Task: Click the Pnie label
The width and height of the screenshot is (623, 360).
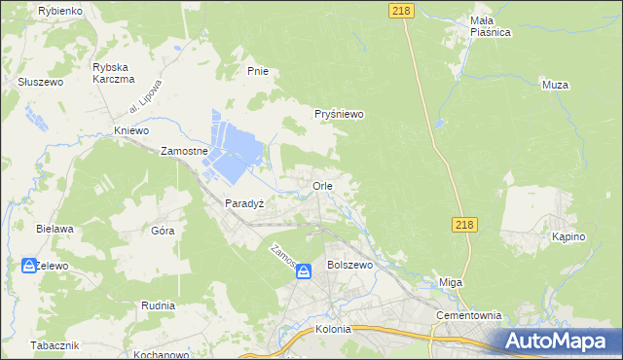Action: (x=257, y=71)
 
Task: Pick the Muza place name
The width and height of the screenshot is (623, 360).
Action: (x=555, y=85)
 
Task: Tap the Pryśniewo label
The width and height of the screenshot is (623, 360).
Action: (x=339, y=114)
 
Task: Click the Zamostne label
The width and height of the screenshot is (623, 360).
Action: (x=185, y=153)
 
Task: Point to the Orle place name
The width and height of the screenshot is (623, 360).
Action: (x=323, y=185)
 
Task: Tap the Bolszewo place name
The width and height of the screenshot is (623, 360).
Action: (x=350, y=265)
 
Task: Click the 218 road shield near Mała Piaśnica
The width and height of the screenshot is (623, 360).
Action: (x=400, y=10)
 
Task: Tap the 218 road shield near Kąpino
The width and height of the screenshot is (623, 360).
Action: (x=465, y=225)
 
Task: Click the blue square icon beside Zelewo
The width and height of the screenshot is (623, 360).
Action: (x=29, y=265)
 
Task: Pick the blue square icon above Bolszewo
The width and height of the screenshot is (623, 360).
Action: (x=304, y=272)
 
